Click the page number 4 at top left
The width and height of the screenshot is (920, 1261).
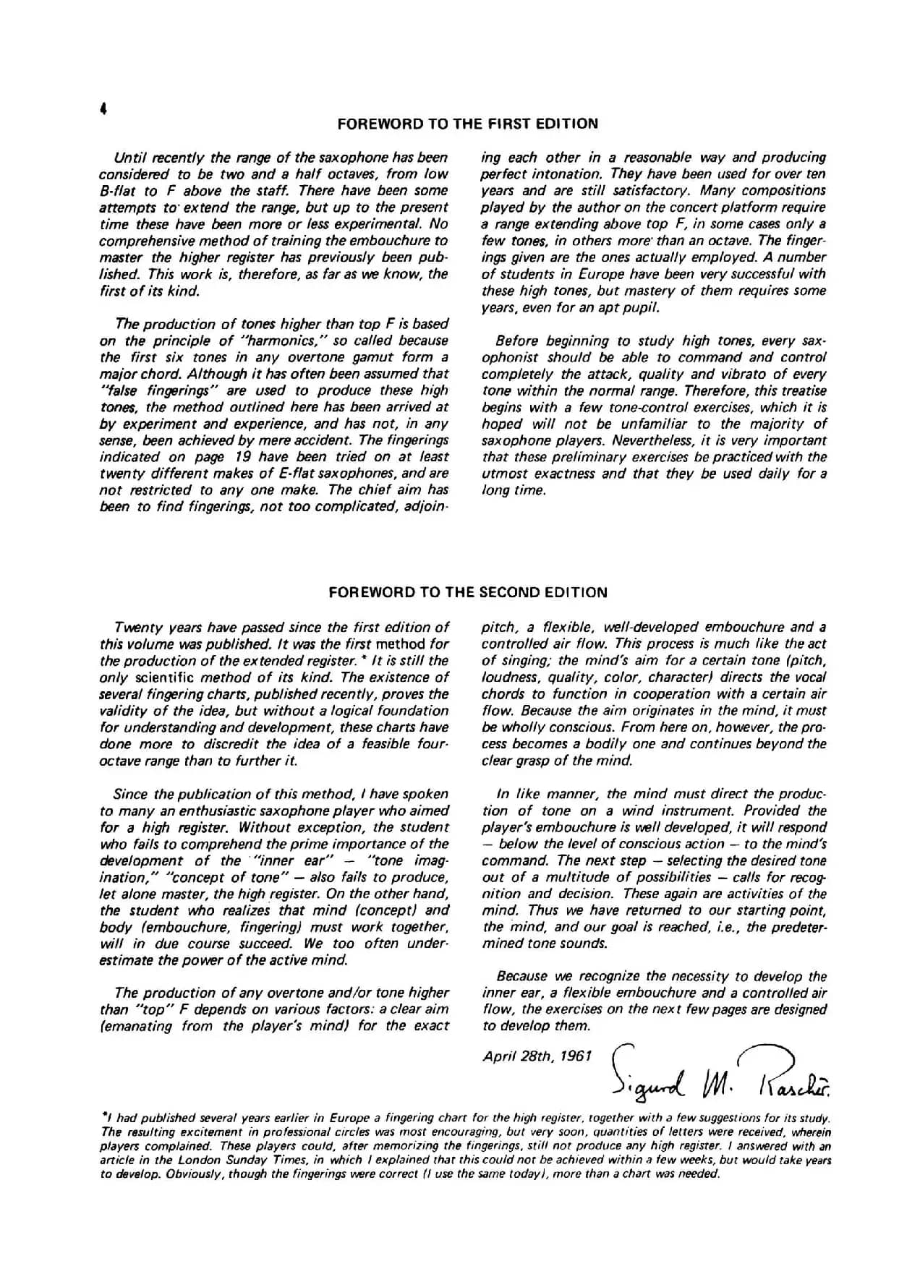(x=104, y=110)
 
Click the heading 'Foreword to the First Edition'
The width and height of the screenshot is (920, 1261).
(x=467, y=124)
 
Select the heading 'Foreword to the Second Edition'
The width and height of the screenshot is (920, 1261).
(x=467, y=593)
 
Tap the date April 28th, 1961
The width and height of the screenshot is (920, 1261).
(x=537, y=1056)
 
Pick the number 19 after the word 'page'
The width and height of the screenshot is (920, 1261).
(x=242, y=457)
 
